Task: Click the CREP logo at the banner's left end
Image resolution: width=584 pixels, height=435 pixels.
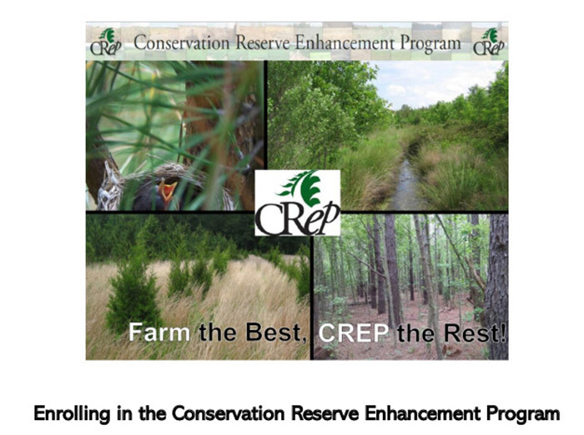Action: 106,42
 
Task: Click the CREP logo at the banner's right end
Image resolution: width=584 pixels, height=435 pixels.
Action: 489,42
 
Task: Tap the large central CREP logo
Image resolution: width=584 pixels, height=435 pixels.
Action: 298,202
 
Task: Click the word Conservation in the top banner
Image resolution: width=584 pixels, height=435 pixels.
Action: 182,42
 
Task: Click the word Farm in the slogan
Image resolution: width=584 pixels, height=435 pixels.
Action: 159,332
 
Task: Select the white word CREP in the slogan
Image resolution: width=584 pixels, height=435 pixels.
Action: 354,332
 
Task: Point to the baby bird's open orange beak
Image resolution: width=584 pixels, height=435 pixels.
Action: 168,190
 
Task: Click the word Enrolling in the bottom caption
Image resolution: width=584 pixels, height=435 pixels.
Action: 72,413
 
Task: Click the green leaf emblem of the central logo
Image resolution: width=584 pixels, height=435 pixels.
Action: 302,188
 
